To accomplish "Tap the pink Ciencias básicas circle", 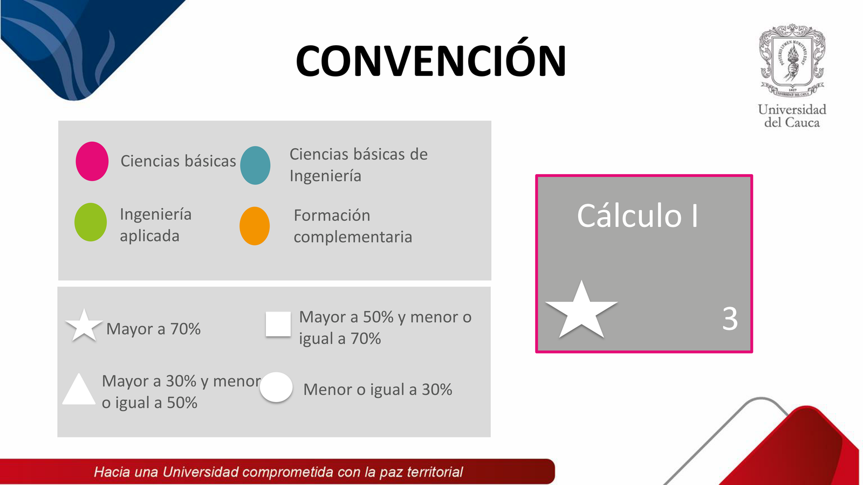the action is click(92, 161).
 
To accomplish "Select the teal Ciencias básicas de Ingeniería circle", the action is click(255, 165).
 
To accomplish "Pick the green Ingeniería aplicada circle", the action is click(91, 222).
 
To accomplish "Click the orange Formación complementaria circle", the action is click(255, 226).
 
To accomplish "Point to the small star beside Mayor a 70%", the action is click(84, 327).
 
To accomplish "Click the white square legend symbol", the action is click(278, 324).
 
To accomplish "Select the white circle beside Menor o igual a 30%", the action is click(276, 387).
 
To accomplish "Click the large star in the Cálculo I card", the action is click(581, 312).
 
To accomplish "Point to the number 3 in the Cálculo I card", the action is click(730, 318).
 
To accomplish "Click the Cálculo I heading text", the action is click(638, 216).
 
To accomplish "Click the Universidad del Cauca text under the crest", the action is click(792, 116).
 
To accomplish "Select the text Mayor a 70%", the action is click(153, 329).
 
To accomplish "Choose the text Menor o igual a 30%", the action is click(378, 390).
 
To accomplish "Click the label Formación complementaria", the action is click(353, 226).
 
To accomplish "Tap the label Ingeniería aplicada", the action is click(156, 225).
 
